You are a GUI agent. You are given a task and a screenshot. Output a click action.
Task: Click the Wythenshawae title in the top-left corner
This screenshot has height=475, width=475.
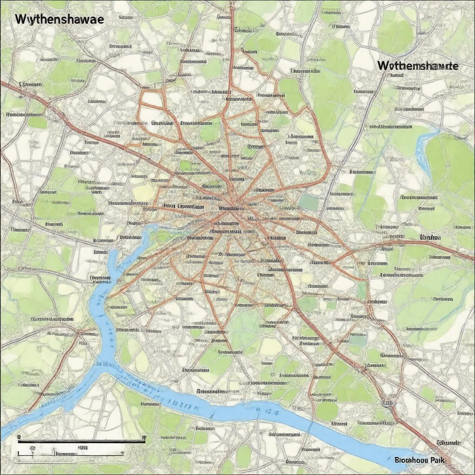[x=59, y=19]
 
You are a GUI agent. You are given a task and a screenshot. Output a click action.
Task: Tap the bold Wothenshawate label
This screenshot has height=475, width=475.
[x=417, y=66]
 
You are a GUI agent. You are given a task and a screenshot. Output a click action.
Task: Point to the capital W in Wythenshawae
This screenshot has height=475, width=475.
[x=20, y=19]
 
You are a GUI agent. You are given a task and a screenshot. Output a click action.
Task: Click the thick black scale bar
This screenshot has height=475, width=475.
[x=81, y=441]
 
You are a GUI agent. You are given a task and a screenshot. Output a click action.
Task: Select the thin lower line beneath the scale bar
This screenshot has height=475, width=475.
[x=81, y=456]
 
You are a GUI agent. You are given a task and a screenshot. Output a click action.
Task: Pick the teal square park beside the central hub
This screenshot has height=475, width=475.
[x=309, y=202]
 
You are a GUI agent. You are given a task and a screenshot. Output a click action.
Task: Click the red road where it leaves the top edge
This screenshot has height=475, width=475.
[x=232, y=2]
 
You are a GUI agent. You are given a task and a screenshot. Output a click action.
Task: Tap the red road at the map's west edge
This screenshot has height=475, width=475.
[x=2, y=83]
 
